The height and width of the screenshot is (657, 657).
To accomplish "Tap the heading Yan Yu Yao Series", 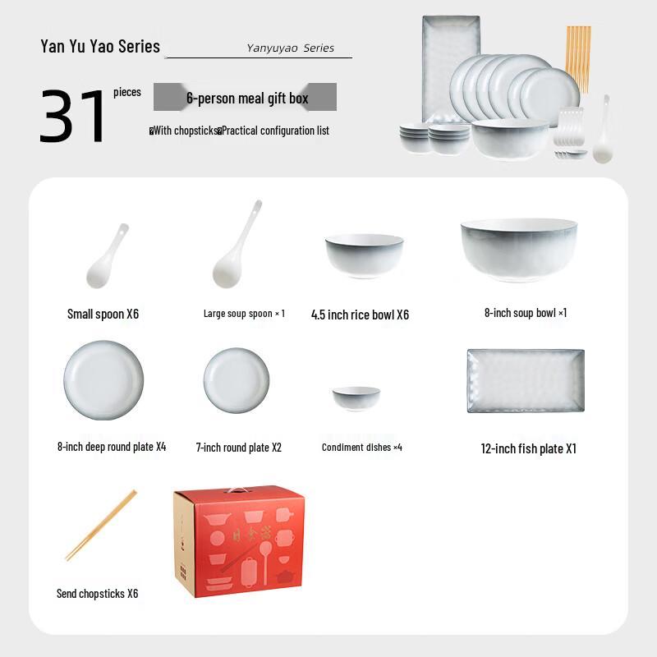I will (x=100, y=46).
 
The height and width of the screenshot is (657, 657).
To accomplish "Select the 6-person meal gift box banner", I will (x=246, y=98).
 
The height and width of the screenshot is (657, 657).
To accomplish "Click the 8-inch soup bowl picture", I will (x=518, y=249).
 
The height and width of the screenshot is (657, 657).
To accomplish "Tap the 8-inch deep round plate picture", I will (x=104, y=380).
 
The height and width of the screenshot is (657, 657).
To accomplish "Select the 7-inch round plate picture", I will (x=237, y=380).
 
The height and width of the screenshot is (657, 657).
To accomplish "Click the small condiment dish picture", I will (x=356, y=398).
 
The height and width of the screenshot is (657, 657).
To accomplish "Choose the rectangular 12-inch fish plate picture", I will (x=526, y=380).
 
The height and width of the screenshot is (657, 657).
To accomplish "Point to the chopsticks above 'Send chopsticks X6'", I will (x=101, y=526).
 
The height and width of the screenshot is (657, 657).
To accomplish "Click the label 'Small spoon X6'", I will (x=103, y=314).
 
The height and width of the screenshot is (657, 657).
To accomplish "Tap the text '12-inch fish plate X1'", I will (x=528, y=448).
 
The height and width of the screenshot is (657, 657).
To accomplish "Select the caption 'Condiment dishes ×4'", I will (x=361, y=448).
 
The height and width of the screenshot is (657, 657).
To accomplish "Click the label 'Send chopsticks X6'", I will (x=97, y=593).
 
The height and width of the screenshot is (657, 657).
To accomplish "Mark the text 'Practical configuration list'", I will (x=275, y=131).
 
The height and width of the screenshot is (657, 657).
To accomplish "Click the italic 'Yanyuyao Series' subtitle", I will (x=290, y=48).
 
